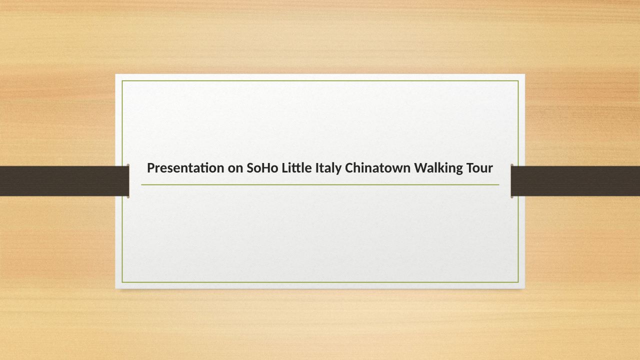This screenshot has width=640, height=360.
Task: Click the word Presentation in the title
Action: [185, 167]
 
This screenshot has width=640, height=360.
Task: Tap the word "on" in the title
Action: [235, 168]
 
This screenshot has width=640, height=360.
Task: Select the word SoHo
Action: [262, 167]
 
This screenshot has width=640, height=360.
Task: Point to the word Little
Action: [297, 167]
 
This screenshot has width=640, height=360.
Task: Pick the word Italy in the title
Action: [328, 168]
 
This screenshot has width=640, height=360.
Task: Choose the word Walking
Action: [438, 168]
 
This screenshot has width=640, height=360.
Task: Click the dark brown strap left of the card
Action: [64, 181]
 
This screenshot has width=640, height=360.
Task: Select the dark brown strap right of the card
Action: [575, 181]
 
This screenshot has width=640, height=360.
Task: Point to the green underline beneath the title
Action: [320, 185]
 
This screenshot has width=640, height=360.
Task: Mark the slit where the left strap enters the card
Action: [128, 181]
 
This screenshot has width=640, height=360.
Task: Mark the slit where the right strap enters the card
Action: [512, 181]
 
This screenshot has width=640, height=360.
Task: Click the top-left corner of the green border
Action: [122, 81]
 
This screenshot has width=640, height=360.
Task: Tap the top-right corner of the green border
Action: [518, 81]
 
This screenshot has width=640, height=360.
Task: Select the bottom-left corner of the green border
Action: [122, 282]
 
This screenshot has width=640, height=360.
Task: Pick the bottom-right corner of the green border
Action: [518, 282]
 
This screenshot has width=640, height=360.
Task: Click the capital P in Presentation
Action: [151, 168]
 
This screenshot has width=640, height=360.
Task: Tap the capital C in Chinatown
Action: [349, 168]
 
